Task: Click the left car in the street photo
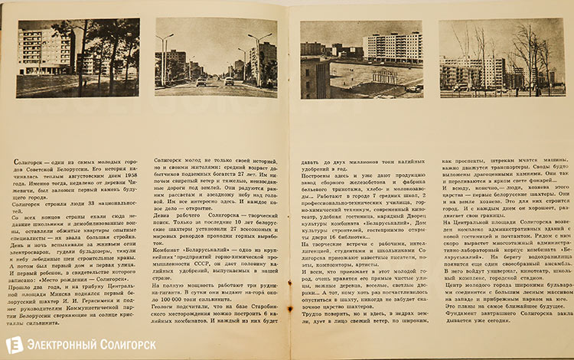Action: (201, 81)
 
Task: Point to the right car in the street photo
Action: (230, 80)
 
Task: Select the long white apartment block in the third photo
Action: (392, 47)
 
